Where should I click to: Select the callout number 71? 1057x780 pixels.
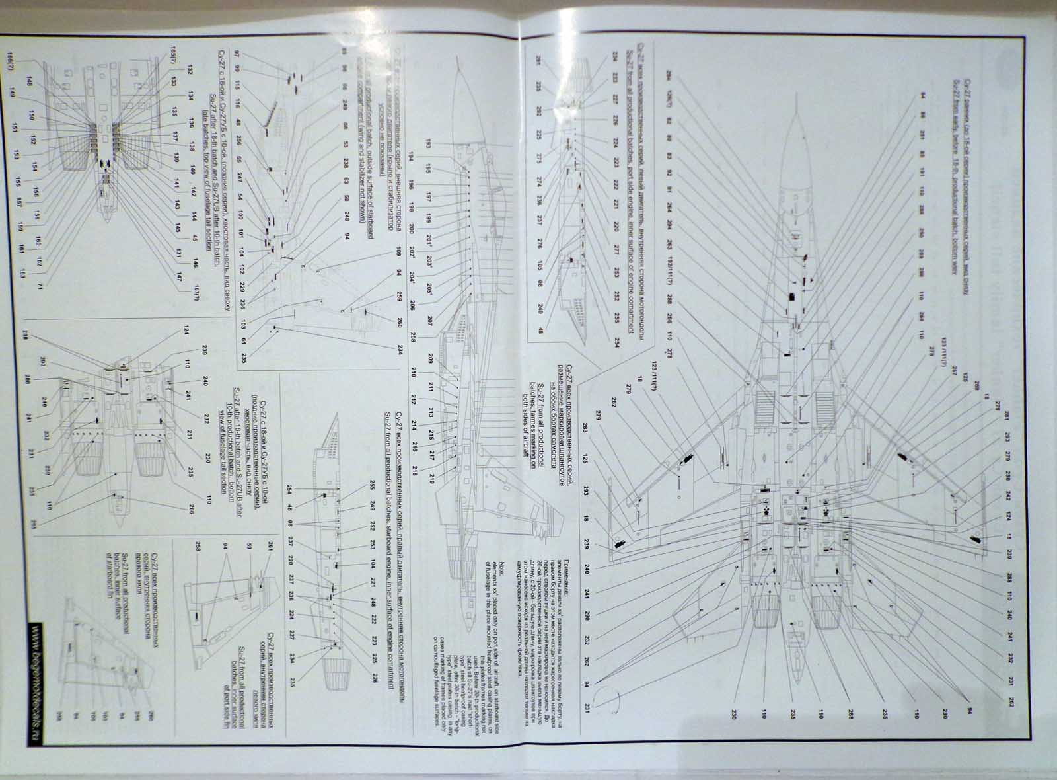(x=40, y=285)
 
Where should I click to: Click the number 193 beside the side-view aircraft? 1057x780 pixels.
(x=427, y=144)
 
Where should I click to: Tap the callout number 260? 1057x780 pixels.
(x=398, y=323)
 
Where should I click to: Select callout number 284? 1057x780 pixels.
(x=670, y=75)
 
